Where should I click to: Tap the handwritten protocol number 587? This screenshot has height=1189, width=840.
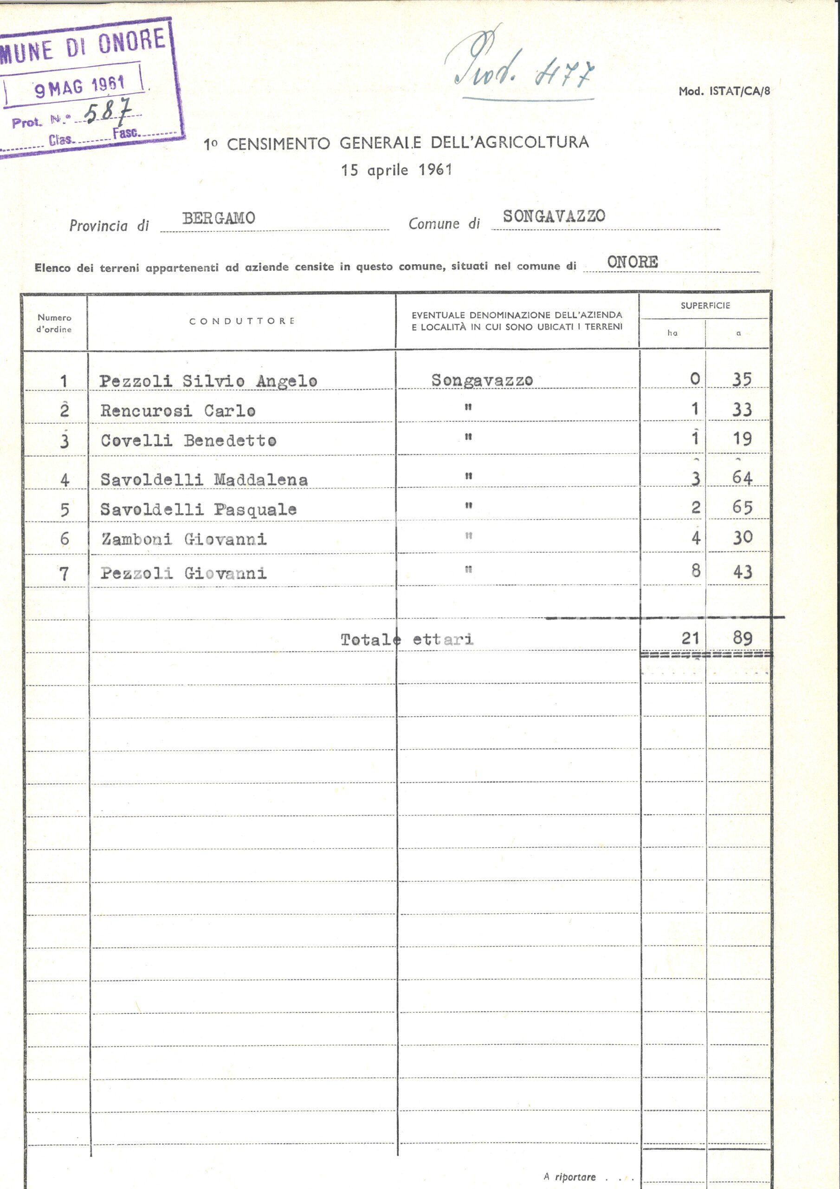[x=107, y=111]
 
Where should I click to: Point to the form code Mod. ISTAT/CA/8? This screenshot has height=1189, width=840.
[x=724, y=91]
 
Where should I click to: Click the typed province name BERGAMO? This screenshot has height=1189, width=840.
[x=218, y=218]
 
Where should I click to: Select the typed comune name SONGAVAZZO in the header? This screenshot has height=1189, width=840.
[x=553, y=216]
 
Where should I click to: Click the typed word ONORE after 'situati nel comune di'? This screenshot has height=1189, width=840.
[x=632, y=262]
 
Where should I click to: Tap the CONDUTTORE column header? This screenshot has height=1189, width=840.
[x=241, y=321]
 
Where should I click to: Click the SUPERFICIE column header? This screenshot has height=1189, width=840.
[x=705, y=306]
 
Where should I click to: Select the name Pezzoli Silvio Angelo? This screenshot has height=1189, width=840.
[x=208, y=381]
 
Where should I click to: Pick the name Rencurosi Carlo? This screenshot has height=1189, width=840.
[x=178, y=411]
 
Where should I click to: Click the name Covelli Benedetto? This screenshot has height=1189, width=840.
[x=188, y=441]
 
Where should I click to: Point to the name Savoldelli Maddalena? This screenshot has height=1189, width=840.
[x=204, y=479]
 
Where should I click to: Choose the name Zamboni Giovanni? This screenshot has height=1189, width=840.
[x=184, y=539]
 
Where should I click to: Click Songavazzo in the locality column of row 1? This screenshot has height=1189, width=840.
[x=482, y=380]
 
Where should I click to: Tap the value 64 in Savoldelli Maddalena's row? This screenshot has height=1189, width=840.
[x=742, y=477]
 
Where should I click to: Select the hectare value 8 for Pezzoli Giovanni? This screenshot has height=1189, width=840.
[x=696, y=571]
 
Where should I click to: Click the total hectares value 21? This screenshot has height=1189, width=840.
[x=690, y=638]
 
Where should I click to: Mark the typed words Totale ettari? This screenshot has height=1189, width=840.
[x=407, y=640]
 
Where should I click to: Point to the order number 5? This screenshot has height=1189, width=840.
[x=64, y=510]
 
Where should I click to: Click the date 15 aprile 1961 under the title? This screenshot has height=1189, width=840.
[x=396, y=170]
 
